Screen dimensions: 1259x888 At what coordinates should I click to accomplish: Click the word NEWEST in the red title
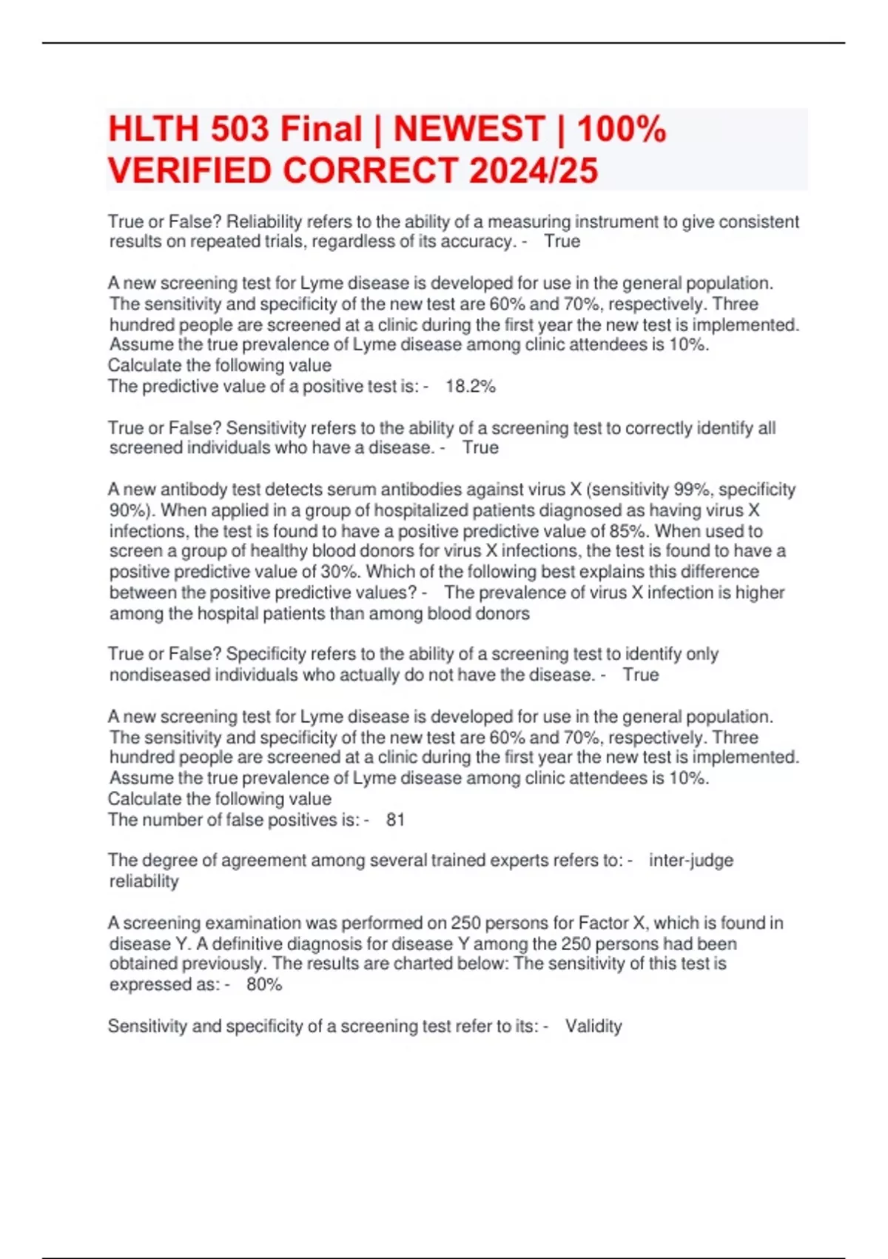(469, 129)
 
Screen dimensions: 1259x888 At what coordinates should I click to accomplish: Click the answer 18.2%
(471, 387)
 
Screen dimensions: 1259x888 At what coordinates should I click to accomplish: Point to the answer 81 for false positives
(395, 820)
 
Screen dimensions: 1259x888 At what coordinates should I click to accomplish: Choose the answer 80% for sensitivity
(264, 984)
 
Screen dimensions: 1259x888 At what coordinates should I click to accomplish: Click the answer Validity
(593, 1026)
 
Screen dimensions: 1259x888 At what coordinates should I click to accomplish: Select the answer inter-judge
(691, 861)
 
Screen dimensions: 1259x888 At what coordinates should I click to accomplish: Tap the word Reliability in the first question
(263, 222)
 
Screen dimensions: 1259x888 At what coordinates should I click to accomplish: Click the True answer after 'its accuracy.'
(562, 241)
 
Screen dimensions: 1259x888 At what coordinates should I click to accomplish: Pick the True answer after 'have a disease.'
(480, 448)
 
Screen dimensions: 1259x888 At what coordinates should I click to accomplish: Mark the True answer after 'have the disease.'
(641, 675)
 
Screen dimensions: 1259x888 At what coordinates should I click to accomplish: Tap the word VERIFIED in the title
(189, 170)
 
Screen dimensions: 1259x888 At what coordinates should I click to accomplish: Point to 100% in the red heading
(622, 129)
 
